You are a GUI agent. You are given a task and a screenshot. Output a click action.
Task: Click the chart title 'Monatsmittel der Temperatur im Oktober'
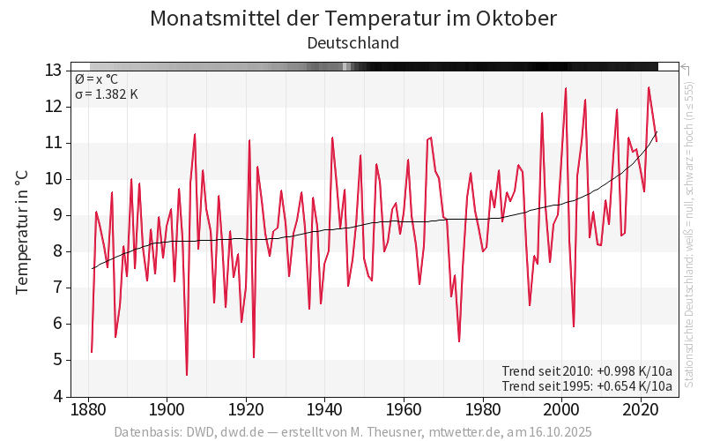(352, 19)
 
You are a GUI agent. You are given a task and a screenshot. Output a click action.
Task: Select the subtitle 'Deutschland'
(352, 42)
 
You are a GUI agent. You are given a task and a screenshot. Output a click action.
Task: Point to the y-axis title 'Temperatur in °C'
(22, 233)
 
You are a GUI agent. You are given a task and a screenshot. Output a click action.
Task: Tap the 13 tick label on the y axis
(53, 71)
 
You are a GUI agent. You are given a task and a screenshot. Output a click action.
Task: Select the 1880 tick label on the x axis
(88, 410)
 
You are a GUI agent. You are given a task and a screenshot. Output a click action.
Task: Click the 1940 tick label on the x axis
(325, 410)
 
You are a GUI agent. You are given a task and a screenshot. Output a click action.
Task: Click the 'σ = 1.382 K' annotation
(107, 94)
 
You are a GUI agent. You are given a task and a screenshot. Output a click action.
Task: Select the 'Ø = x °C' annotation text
(96, 79)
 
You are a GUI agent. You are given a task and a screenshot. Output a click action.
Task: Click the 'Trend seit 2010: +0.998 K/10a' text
(587, 370)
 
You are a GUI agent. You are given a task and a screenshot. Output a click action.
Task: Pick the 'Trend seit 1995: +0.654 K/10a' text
(587, 385)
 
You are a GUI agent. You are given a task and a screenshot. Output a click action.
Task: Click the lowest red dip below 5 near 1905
(187, 375)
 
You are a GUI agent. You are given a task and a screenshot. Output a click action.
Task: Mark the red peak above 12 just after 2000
(566, 88)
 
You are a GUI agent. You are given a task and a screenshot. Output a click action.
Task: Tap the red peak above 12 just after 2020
(649, 87)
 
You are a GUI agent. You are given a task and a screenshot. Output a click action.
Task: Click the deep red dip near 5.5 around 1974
(459, 341)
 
